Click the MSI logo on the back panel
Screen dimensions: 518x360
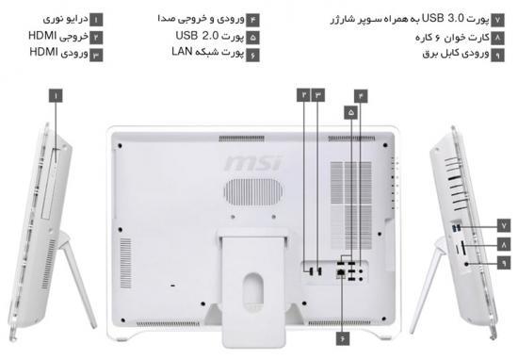coord(253,163)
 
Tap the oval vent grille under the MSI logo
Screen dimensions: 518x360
coord(253,191)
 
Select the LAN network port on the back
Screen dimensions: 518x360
coord(341,273)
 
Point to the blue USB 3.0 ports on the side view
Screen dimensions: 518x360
coord(457,227)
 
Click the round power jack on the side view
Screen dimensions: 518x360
coord(466,264)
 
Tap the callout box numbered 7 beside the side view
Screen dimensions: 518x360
coord(504,226)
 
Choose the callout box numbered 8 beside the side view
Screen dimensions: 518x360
coord(504,245)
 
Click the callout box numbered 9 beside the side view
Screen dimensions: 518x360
coord(504,263)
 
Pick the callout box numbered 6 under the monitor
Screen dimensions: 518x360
coord(343,339)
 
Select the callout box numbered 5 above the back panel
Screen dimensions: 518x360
coord(351,112)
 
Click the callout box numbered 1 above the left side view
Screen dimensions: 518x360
coord(56,96)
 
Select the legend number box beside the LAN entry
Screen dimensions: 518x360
coord(252,56)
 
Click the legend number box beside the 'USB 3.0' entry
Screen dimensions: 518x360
coord(497,20)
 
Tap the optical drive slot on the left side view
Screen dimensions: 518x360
coord(50,184)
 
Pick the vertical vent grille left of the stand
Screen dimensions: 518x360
coord(125,263)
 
